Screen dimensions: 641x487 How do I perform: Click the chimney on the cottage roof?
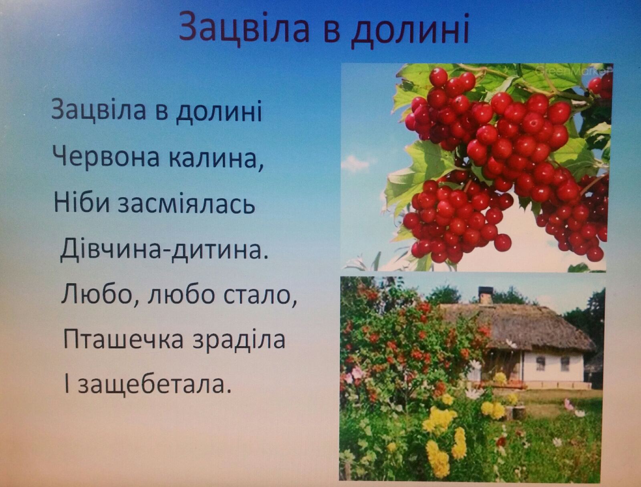[485, 295]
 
